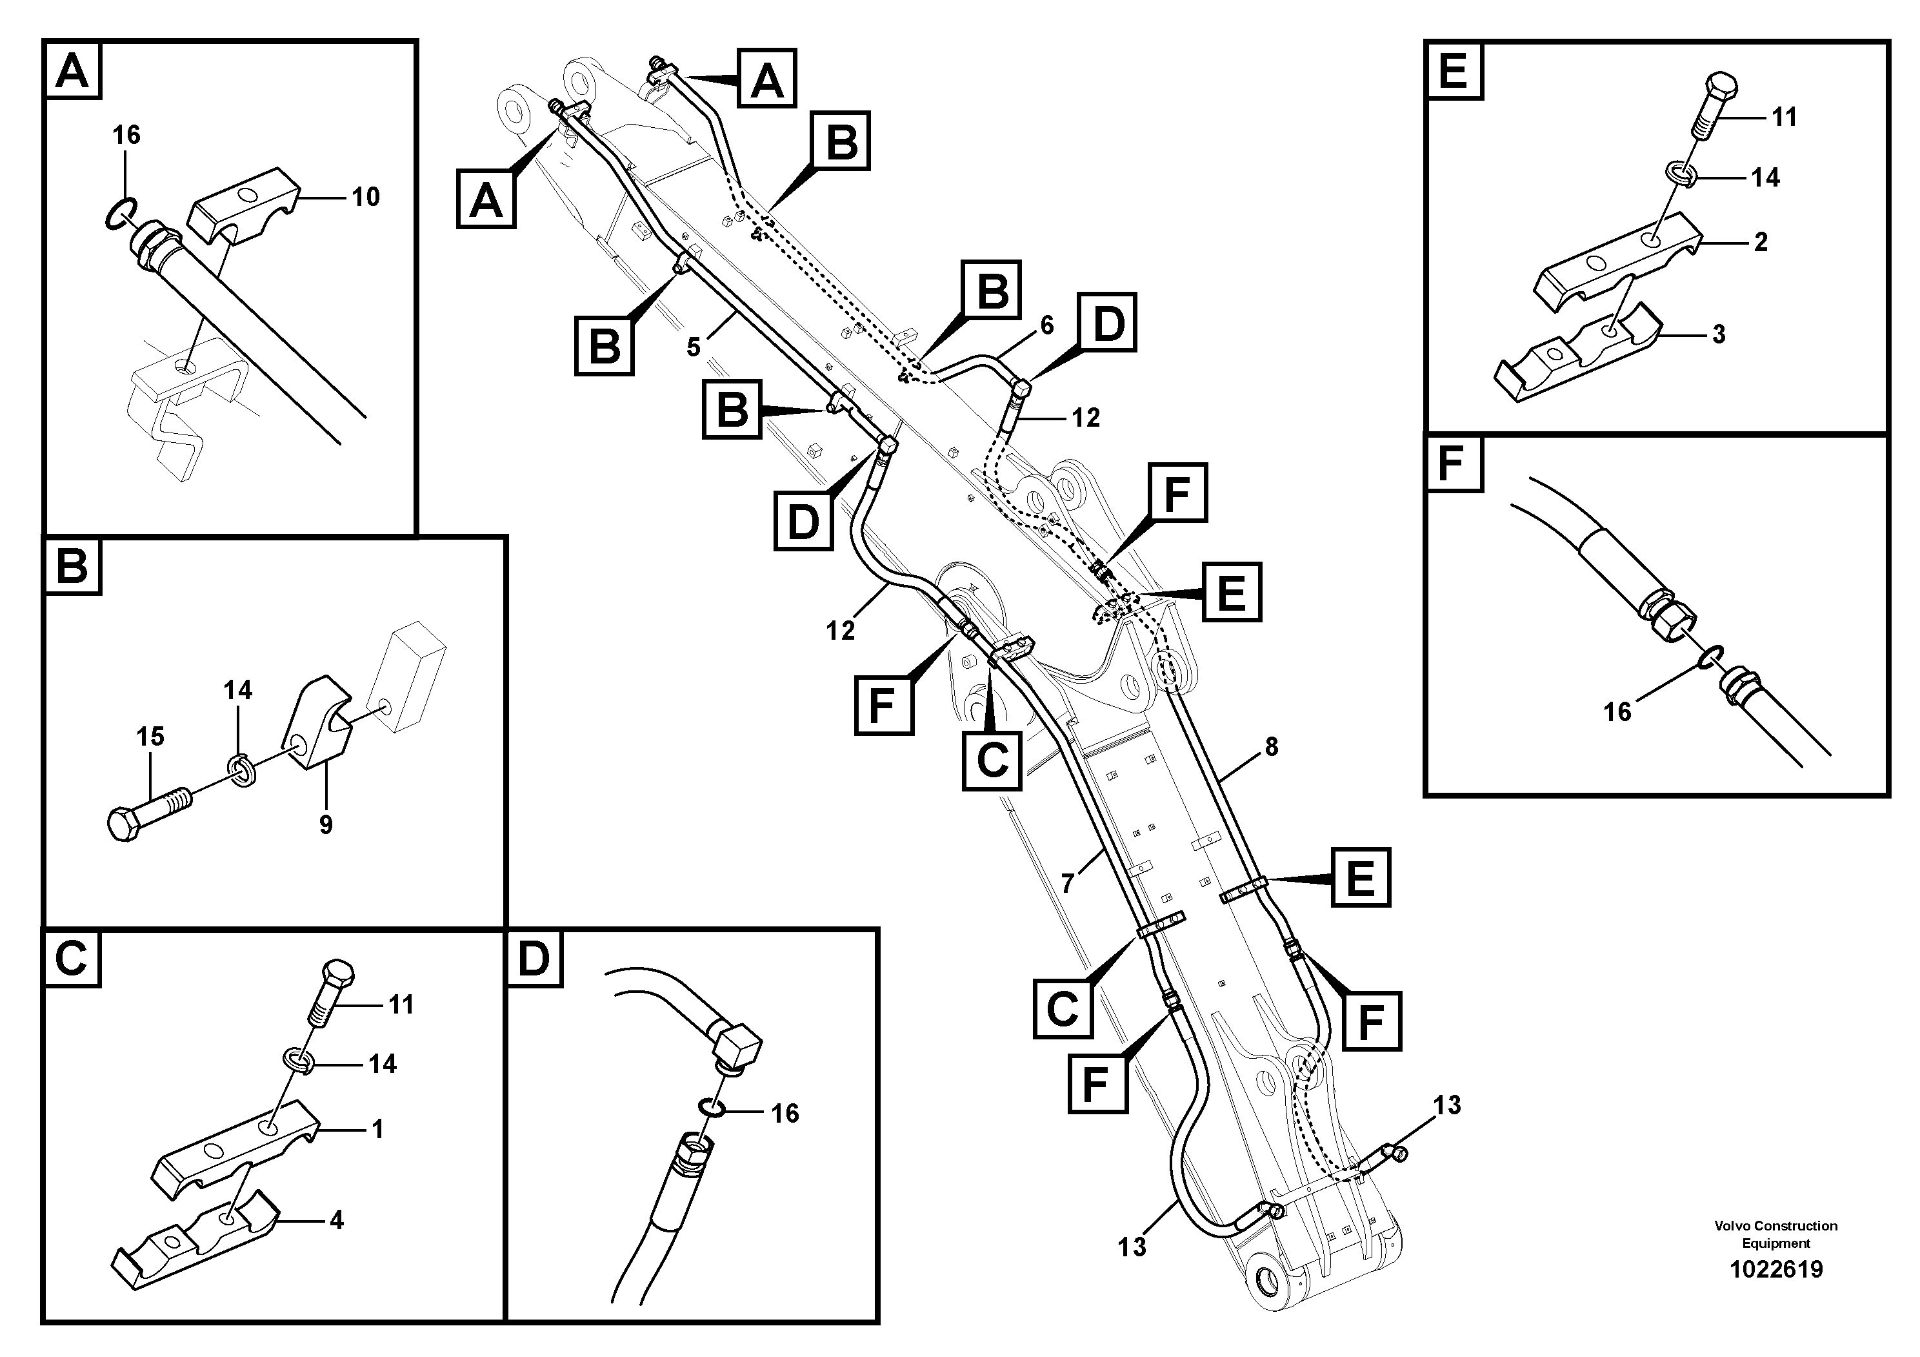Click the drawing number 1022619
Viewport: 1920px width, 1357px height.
(1775, 1269)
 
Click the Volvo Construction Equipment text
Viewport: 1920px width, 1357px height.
(1775, 1234)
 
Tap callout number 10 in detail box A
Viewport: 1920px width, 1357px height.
(365, 198)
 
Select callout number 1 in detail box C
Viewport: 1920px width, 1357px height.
(377, 1130)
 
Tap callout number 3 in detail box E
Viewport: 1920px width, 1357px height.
(1719, 334)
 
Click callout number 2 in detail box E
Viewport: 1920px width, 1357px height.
(1760, 243)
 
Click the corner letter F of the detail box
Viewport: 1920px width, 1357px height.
(1452, 463)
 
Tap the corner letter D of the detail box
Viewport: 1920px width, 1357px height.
(534, 958)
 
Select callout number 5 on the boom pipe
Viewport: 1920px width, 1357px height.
(694, 347)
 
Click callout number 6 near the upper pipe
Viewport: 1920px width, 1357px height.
(1047, 325)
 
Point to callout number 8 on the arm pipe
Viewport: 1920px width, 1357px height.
(1271, 746)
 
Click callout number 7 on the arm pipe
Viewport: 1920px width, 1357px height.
(1067, 884)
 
